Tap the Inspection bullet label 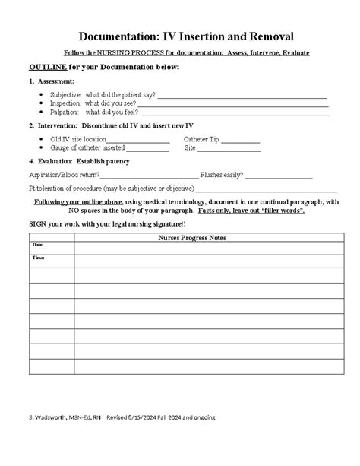[x=66, y=103]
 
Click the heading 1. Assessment [x=51, y=81]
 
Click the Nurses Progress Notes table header [x=202, y=238]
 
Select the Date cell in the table [x=51, y=247]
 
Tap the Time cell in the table [x=51, y=261]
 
